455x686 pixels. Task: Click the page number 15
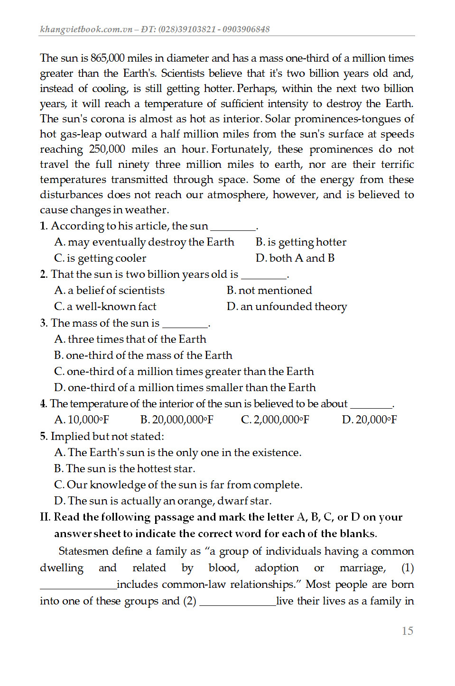pos(407,631)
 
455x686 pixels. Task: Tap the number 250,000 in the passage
pos(107,149)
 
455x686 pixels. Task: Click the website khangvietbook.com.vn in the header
pos(86,29)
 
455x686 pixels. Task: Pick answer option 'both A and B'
pos(295,258)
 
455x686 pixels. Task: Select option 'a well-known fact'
pos(105,306)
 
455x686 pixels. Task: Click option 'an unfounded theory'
pos(287,306)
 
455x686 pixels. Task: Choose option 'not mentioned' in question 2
pos(269,290)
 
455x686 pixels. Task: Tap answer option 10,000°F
pos(82,420)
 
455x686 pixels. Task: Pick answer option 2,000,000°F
pos(275,420)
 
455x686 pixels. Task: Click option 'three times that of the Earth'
pos(130,339)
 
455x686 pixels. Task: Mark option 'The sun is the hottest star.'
pos(125,468)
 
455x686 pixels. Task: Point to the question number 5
pos(44,436)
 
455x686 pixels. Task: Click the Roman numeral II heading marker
pos(45,517)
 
